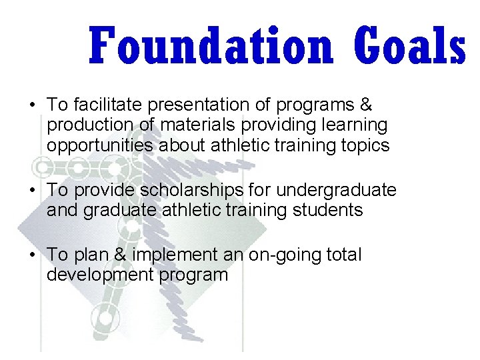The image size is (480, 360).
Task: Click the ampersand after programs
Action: coord(365,105)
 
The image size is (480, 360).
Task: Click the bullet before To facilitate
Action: coord(31,105)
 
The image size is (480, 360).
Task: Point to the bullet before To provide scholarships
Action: coord(31,191)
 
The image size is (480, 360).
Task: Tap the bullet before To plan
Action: coord(31,255)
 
